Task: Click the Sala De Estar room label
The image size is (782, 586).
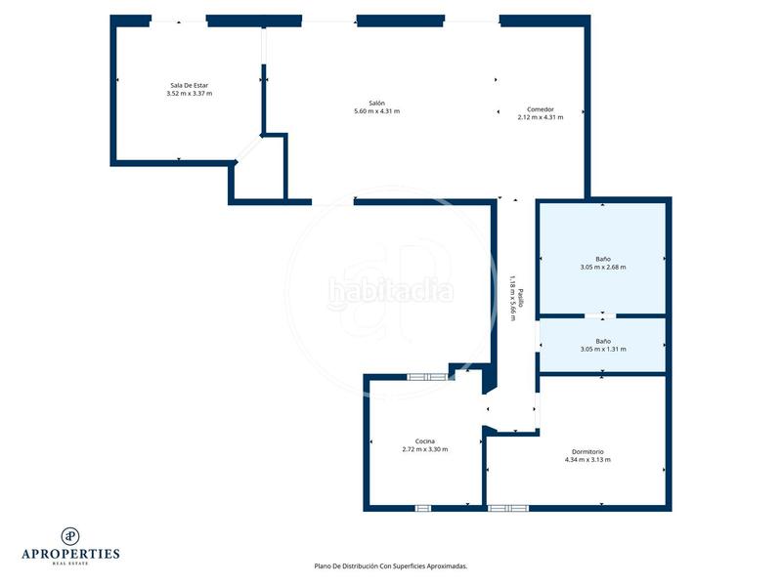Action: (190, 85)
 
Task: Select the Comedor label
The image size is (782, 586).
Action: (541, 108)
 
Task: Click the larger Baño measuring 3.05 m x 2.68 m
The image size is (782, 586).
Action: (602, 259)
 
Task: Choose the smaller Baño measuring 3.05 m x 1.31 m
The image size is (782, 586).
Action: (602, 341)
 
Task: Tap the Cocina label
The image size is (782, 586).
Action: (424, 441)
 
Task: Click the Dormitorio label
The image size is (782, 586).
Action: (587, 451)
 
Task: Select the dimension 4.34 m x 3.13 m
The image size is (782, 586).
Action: (587, 460)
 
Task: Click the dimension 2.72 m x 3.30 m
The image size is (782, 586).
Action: (424, 449)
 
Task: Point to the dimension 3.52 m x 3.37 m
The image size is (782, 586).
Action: (190, 94)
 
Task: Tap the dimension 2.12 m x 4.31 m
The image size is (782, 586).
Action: (541, 117)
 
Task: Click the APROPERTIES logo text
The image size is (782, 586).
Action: (70, 554)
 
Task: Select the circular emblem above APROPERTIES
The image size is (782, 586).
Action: (70, 534)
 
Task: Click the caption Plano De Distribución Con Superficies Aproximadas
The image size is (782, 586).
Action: (390, 565)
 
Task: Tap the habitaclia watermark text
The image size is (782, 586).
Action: (390, 290)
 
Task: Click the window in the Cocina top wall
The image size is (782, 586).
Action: (427, 376)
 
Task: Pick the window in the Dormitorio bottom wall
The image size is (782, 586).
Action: (507, 508)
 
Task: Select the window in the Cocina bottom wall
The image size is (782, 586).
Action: (423, 508)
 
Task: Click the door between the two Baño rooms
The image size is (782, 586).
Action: (594, 315)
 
